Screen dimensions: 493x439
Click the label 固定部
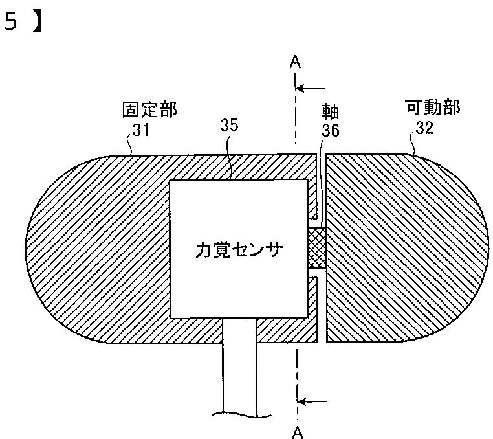point(149,109)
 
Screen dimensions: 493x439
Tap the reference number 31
point(140,129)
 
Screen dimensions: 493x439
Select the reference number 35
point(229,126)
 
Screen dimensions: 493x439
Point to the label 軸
point(330,109)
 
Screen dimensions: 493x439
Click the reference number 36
point(331,131)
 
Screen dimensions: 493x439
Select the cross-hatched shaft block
point(317,249)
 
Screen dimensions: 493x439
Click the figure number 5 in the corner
point(10,23)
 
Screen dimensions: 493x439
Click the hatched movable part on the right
point(401,249)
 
